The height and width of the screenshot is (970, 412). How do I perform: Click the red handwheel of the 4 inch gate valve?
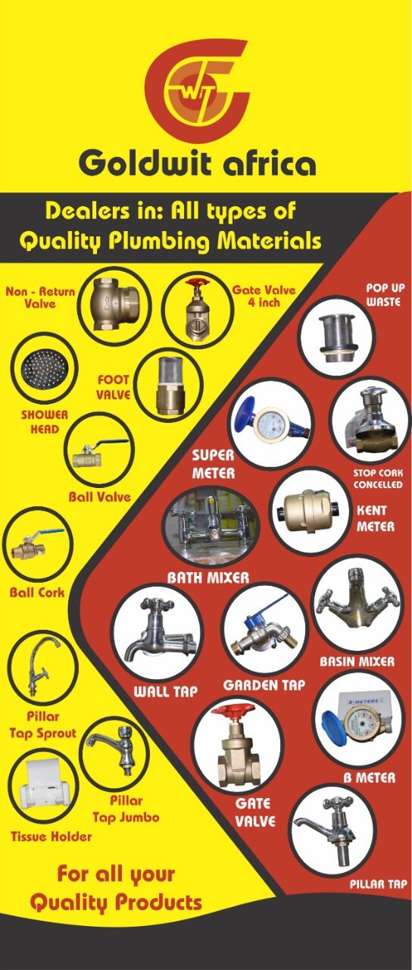pyautogui.click(x=198, y=284)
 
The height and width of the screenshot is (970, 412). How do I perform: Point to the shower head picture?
pyautogui.click(x=44, y=368)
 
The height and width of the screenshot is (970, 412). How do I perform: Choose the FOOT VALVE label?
pyautogui.click(x=114, y=387)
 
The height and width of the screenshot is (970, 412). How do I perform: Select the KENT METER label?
pyautogui.click(x=374, y=518)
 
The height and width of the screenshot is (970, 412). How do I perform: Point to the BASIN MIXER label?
pyautogui.click(x=357, y=662)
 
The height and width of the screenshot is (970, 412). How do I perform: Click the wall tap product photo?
pyautogui.click(x=158, y=633)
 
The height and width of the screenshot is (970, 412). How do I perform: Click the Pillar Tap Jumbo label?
pyautogui.click(x=126, y=809)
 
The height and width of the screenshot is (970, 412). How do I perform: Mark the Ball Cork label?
pyautogui.click(x=37, y=593)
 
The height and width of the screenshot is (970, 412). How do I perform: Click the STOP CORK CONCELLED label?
pyautogui.click(x=378, y=478)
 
